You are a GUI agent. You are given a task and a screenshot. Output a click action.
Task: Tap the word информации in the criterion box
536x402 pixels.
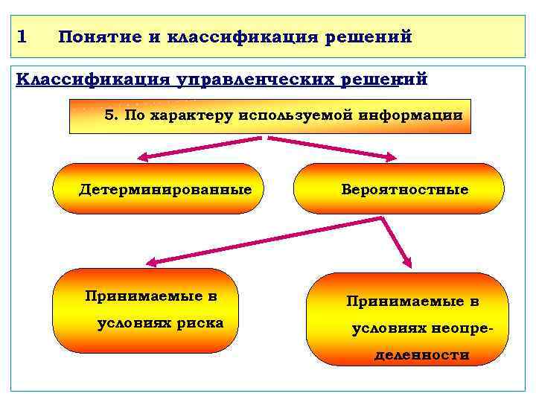(410, 116)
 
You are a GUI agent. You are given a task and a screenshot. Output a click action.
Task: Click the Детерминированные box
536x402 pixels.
(165, 189)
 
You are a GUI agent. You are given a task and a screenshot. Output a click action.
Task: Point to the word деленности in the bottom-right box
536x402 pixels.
(421, 355)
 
